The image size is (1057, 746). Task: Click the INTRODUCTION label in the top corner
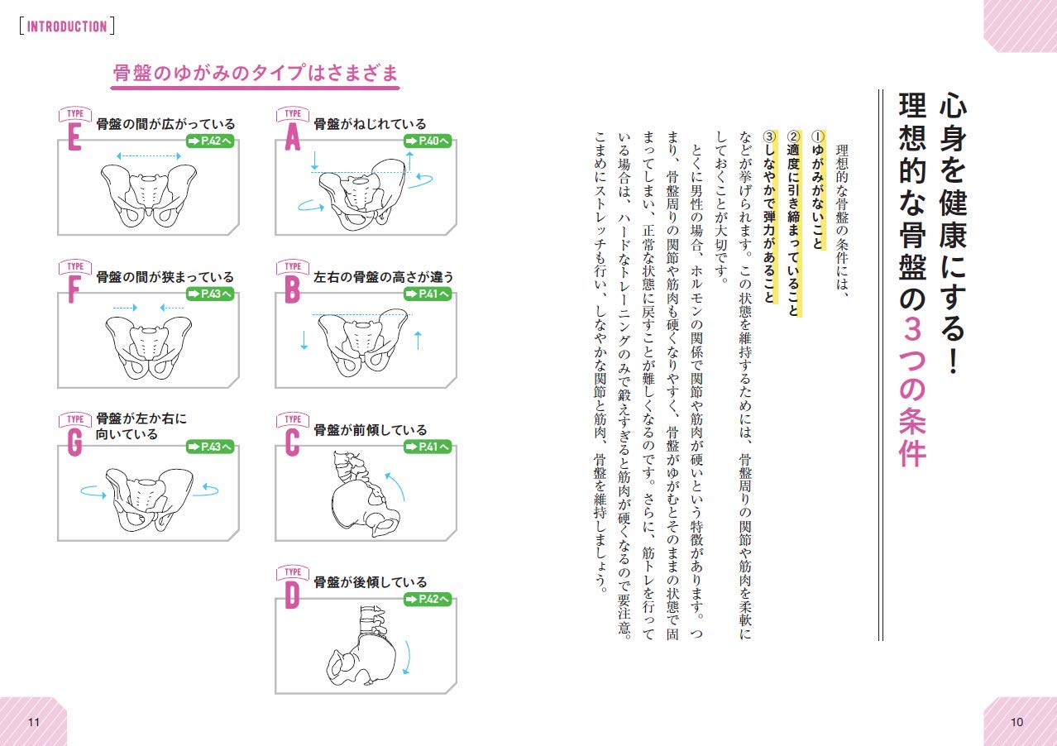point(67,26)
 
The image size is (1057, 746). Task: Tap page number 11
point(34,722)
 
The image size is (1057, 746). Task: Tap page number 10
point(1017,722)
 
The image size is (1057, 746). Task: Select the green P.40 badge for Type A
point(428,141)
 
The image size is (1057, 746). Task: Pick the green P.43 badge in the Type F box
point(209,294)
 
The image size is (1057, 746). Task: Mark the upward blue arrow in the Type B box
point(418,339)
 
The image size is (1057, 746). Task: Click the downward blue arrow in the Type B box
point(304,339)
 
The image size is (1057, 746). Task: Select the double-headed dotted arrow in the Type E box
point(148,155)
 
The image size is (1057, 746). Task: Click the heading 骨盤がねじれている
point(370,124)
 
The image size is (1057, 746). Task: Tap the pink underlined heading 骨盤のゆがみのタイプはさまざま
point(256,74)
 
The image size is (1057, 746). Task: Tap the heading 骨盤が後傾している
point(370,582)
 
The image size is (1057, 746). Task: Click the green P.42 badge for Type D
point(428,599)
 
